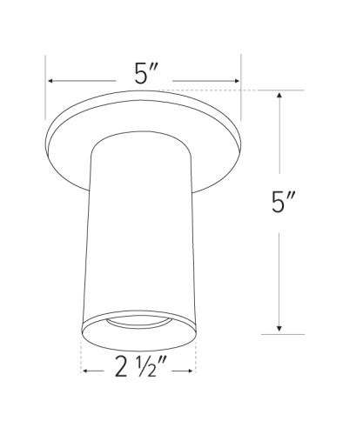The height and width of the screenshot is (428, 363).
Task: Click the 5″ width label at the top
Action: (x=145, y=73)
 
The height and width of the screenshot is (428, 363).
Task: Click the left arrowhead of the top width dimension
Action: (x=51, y=81)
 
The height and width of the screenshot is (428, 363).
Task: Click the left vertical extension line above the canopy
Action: (x=45, y=87)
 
